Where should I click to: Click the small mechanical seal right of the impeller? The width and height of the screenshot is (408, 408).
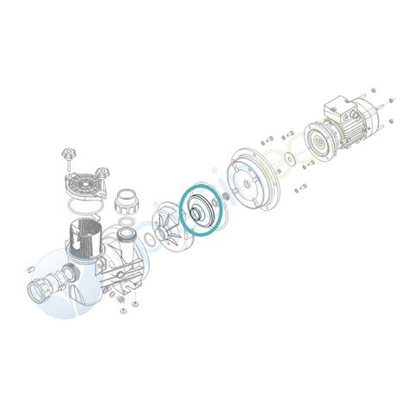(x=226, y=199)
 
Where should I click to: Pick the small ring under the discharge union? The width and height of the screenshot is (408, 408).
(x=128, y=232)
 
